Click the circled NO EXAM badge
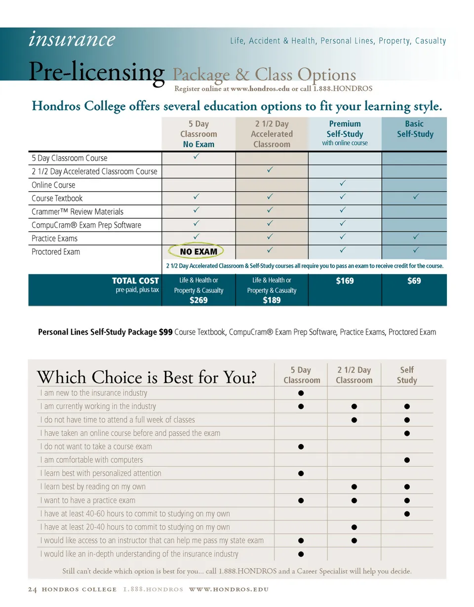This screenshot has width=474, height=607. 198,252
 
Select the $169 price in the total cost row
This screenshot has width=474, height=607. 344,281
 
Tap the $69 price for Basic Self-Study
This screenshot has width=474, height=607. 414,281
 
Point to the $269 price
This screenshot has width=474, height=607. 198,300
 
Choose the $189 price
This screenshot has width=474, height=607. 272,300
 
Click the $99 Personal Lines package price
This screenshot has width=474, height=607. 165,332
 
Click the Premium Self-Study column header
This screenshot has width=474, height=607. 345,129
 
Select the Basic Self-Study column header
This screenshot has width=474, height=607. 415,129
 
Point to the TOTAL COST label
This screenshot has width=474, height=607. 135,281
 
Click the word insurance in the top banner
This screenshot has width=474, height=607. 72,39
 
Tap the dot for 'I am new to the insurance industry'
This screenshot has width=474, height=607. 301,393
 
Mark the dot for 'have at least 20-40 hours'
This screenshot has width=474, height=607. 354,526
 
